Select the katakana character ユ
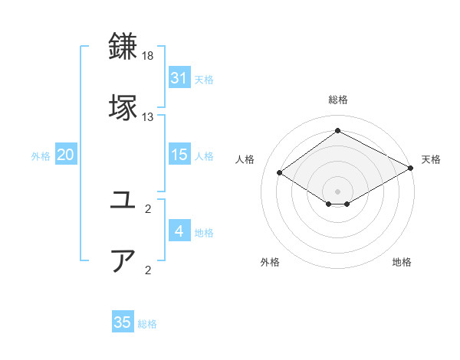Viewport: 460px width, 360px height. click(123, 201)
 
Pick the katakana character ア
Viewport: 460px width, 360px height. click(123, 261)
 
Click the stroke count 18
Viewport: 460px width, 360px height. click(148, 57)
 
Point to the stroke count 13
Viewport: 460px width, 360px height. click(148, 117)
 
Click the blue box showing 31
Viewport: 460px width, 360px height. click(179, 77)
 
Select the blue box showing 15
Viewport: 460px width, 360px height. click(179, 155)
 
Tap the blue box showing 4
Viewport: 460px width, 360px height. click(179, 231)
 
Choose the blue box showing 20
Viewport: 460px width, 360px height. click(66, 155)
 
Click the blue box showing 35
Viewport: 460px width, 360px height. click(123, 322)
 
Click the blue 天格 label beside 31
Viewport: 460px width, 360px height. click(204, 79)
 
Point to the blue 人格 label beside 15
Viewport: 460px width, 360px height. click(204, 156)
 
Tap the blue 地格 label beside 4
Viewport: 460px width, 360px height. click(204, 233)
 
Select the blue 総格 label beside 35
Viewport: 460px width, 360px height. click(147, 324)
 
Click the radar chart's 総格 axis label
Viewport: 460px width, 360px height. click(337, 100)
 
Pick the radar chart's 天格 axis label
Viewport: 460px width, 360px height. click(431, 159)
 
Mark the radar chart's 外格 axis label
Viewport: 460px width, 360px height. click(270, 263)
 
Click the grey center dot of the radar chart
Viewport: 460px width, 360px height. click(337, 191)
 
